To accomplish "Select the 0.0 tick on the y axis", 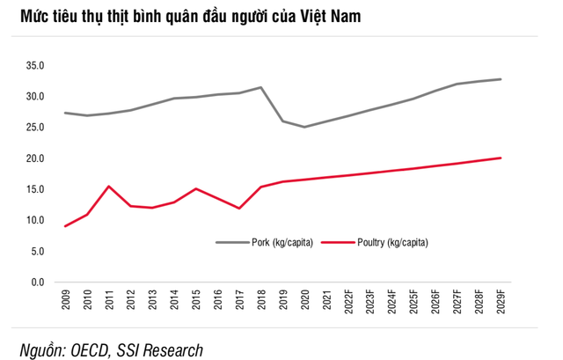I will pos(35,283).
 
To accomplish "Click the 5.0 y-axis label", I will pos(35,252).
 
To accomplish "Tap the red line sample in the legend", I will pos(340,240).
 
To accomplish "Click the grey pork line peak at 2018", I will pos(261,87).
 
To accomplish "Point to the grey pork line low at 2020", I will pos(304,127).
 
